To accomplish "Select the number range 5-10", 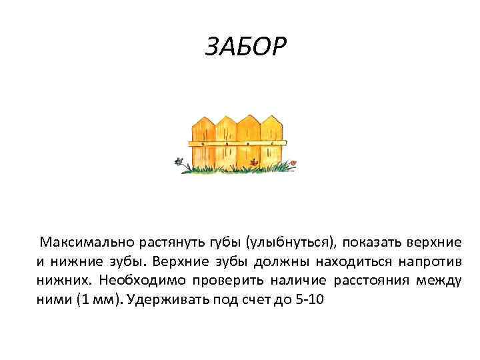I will click(309, 300).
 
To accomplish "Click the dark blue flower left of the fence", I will click(178, 161).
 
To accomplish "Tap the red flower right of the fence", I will click(295, 162).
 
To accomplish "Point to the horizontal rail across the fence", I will click(237, 143).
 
